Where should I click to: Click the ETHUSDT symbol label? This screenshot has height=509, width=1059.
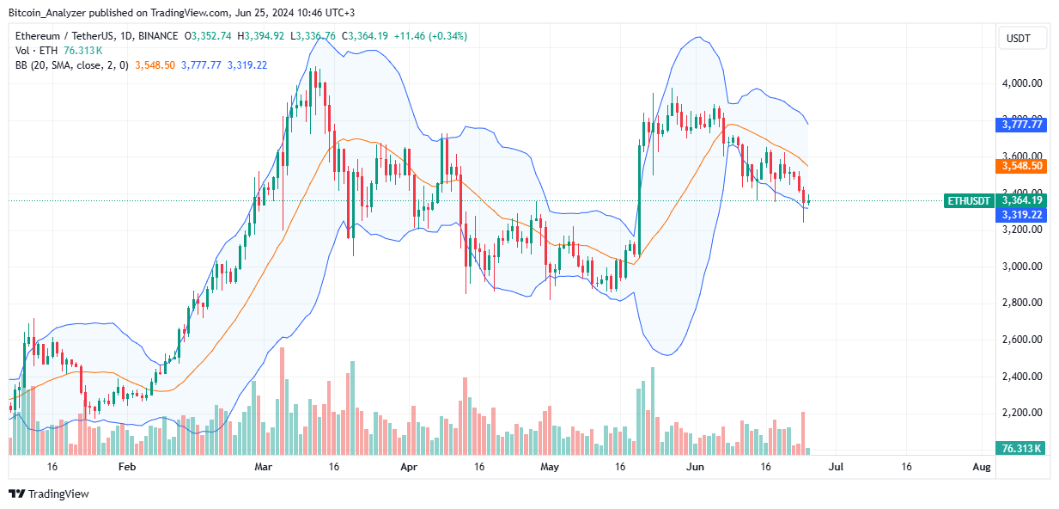tap(969, 200)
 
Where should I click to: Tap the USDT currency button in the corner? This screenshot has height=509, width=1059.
tap(1022, 39)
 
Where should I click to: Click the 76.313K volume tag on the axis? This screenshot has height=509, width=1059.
tap(1020, 448)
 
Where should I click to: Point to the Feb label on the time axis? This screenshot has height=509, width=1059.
tap(127, 467)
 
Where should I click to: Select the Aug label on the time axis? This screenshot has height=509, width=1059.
tap(983, 467)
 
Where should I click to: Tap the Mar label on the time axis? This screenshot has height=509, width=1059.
tap(264, 467)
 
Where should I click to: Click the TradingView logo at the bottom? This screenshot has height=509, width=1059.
tap(49, 494)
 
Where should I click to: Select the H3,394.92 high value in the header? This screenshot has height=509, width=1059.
tap(264, 36)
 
